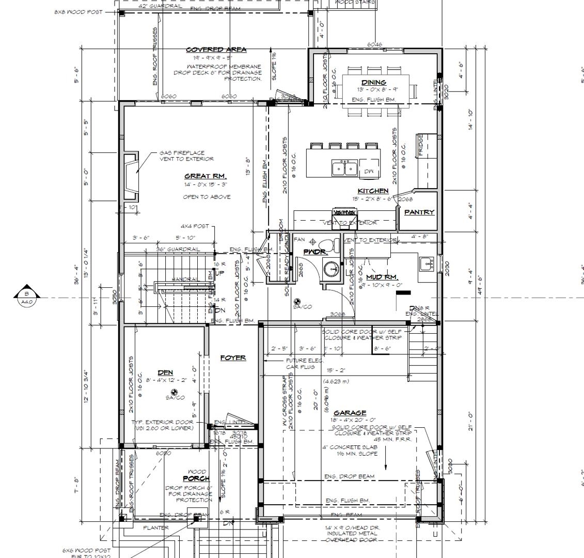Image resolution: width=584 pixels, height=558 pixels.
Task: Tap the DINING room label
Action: click(x=373, y=82)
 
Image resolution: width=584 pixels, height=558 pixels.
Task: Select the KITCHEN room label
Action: click(x=373, y=191)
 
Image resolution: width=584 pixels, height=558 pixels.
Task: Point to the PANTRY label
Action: click(x=419, y=212)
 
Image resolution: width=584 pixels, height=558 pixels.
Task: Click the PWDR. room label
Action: click(x=314, y=252)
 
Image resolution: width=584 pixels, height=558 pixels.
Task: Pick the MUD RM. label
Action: click(x=381, y=277)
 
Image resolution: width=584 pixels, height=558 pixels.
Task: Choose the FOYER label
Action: click(x=233, y=358)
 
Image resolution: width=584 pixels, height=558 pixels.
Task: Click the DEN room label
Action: click(x=165, y=373)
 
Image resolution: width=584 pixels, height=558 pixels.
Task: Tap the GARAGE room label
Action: click(x=350, y=412)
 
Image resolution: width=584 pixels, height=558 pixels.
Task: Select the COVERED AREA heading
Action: click(x=216, y=50)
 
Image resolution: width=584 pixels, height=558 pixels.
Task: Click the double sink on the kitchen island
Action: click(x=344, y=168)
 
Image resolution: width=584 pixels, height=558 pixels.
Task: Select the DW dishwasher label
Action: click(x=369, y=171)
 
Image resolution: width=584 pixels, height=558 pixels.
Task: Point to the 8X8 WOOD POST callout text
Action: click(x=78, y=11)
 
